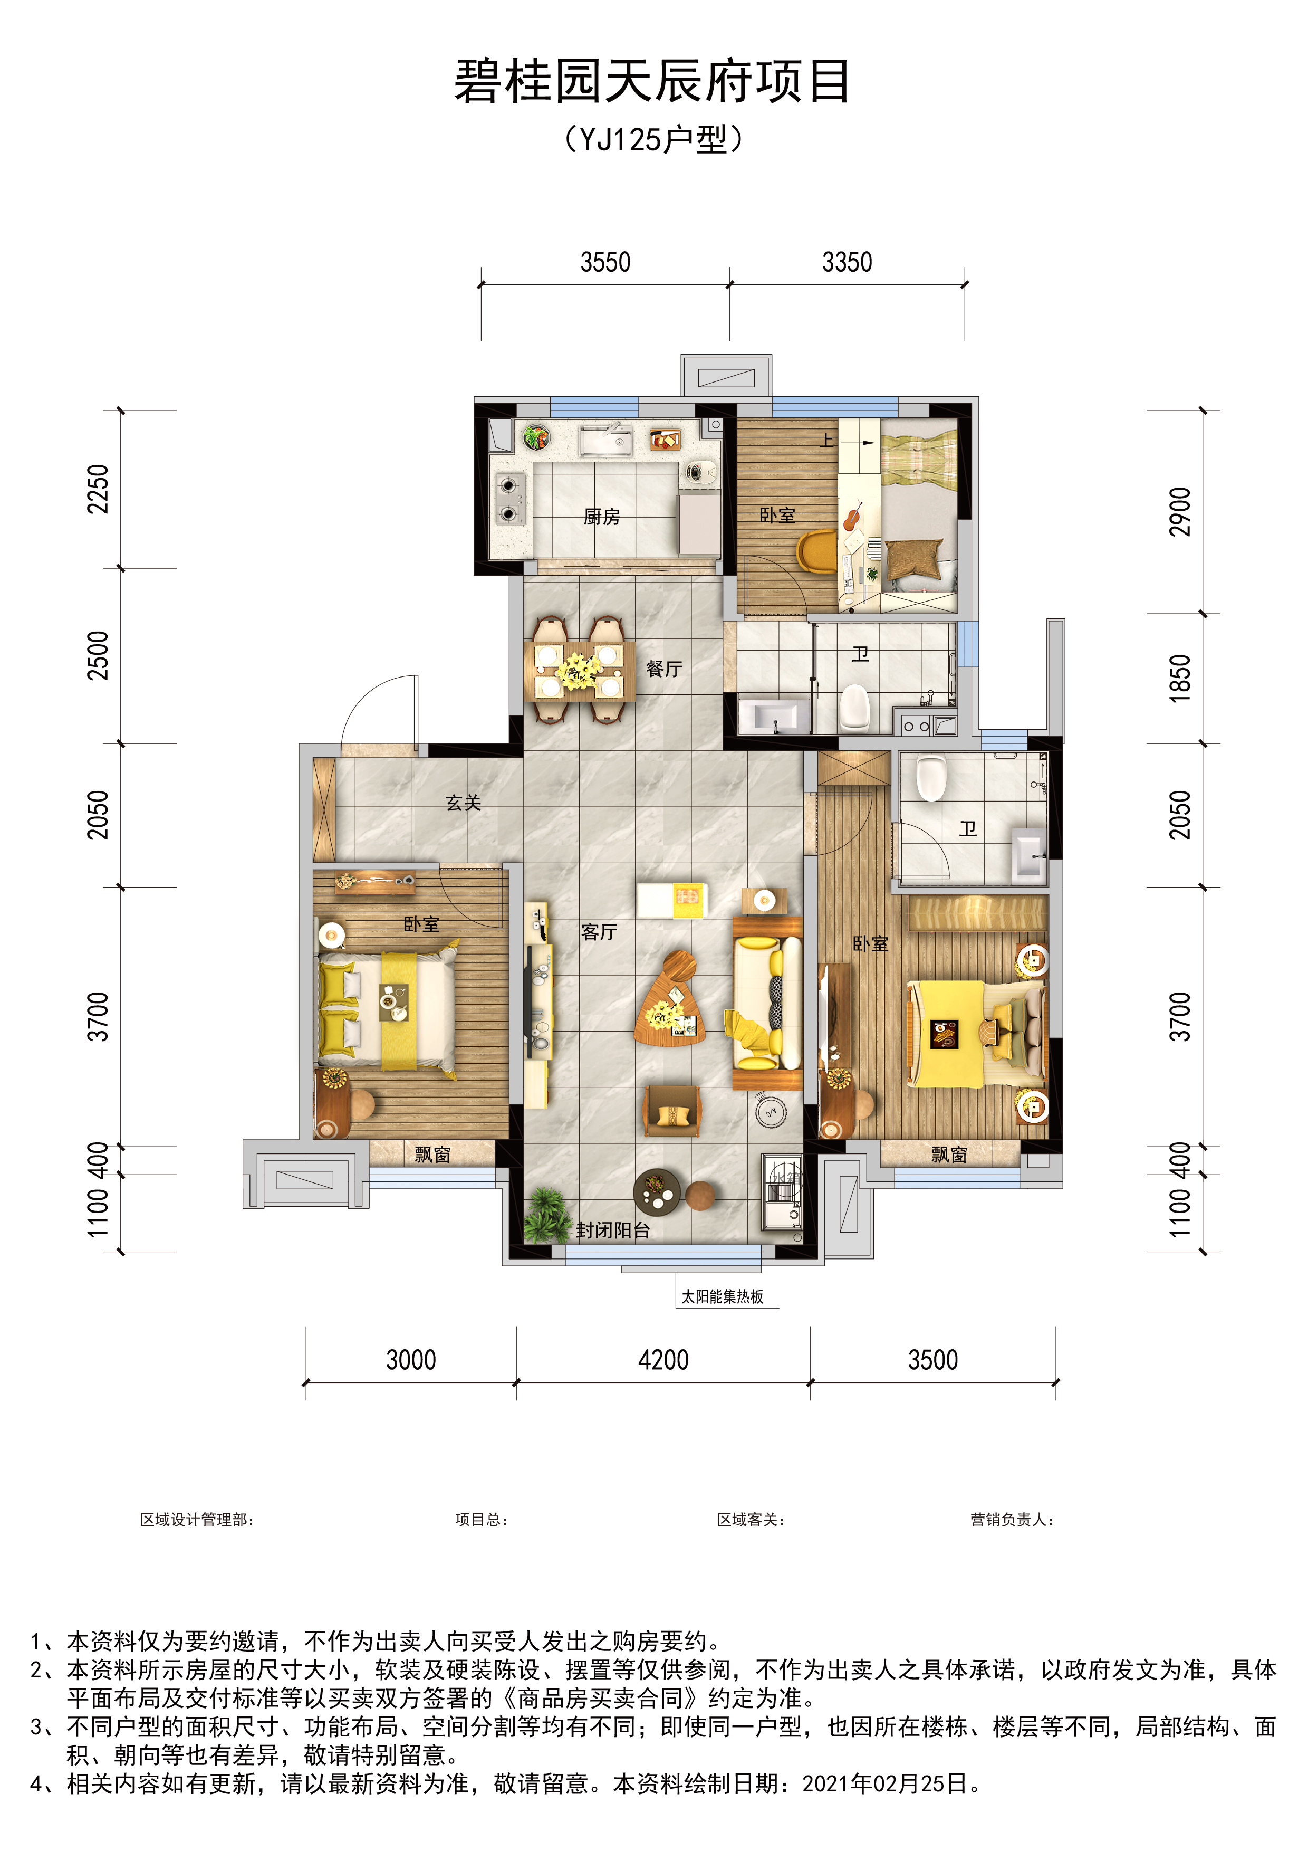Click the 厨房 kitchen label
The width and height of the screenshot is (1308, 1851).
point(602,517)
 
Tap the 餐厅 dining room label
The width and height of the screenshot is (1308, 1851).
point(664,669)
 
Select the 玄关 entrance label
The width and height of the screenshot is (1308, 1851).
point(464,803)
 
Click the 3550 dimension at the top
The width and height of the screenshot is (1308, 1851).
point(605,263)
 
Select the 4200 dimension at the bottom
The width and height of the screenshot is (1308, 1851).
point(663,1361)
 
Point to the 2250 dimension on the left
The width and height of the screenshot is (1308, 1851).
point(98,489)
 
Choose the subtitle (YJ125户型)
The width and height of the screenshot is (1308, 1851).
point(653,139)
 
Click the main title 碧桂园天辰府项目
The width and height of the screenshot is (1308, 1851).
point(653,81)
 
